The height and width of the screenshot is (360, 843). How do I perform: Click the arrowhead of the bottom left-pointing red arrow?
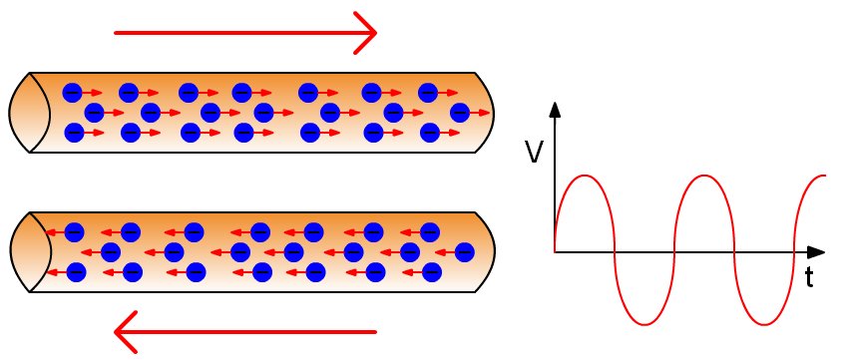point(124,331)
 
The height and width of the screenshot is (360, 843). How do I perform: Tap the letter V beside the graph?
point(534,152)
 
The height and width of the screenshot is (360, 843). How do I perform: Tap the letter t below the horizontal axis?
point(809,278)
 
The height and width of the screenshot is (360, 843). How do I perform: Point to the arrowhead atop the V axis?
point(554,109)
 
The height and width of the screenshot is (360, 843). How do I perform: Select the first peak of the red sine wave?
point(586,177)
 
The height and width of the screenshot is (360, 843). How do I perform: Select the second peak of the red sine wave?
point(706,177)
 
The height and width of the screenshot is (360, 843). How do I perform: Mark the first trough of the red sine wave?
point(646,324)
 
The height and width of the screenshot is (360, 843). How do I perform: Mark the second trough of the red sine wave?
point(766,324)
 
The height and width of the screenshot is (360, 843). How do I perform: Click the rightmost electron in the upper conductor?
point(460,111)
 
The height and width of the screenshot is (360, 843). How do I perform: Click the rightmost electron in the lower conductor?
point(464,251)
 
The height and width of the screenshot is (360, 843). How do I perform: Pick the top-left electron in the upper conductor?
point(72,93)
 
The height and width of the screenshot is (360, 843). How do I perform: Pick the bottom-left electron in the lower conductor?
point(75,270)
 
